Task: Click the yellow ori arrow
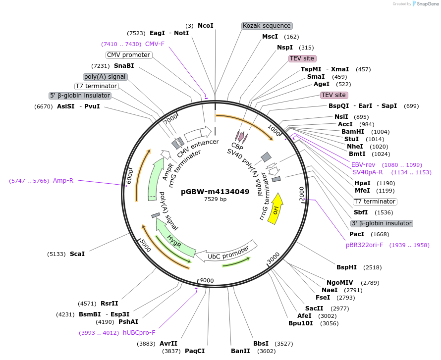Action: point(276,208)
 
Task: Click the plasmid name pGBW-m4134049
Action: point(215,191)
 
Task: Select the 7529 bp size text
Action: point(215,200)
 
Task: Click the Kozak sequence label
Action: point(267,26)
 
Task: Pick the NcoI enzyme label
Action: point(205,25)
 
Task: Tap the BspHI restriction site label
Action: point(346,267)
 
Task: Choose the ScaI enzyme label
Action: point(77,254)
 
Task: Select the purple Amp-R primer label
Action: point(63,181)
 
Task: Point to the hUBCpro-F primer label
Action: point(139,333)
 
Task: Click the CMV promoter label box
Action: point(128,55)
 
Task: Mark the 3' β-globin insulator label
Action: point(381,223)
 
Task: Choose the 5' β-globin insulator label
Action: point(80,96)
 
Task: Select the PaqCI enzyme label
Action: point(195,351)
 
